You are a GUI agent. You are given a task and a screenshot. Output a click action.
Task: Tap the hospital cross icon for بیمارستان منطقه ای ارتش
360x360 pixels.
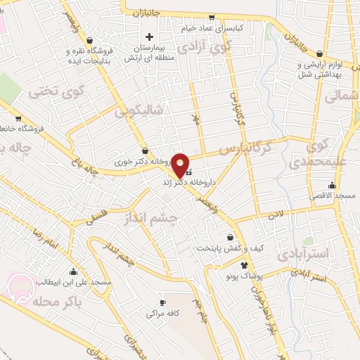(148, 37)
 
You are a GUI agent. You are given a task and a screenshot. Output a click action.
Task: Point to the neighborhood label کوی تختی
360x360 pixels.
(53, 91)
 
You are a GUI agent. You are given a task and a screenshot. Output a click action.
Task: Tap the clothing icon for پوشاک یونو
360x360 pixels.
(243, 265)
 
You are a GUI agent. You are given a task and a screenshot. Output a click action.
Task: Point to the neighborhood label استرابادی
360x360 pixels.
(304, 252)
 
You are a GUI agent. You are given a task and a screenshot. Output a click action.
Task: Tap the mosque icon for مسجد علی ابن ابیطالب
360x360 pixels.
(73, 271)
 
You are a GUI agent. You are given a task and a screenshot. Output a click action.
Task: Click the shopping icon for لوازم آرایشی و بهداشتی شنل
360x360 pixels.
(320, 53)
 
